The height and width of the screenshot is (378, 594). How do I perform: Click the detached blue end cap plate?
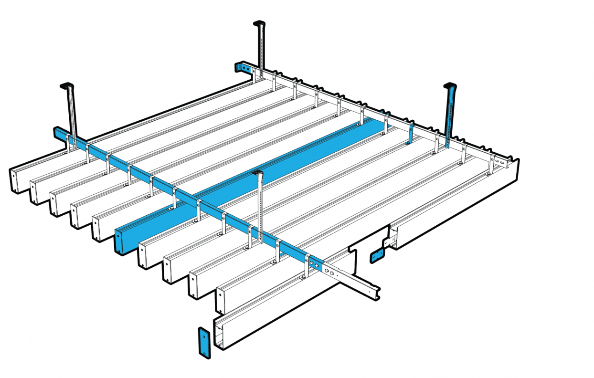203,342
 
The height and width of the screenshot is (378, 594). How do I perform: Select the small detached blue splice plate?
377,256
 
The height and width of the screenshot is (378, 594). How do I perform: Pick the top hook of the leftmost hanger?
67,86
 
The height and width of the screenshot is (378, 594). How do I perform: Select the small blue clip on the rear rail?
409,136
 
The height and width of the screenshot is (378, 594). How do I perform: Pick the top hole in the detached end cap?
203,336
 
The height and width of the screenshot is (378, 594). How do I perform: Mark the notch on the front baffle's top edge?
354,250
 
